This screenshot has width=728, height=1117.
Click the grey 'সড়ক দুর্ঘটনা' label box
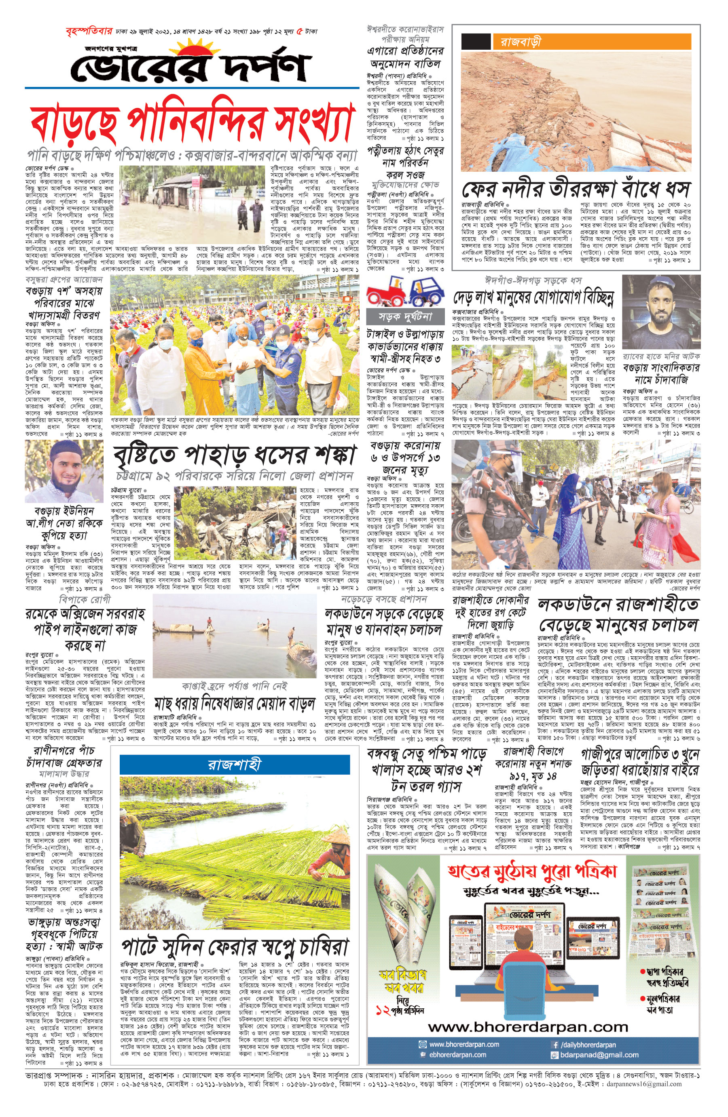click(x=405, y=317)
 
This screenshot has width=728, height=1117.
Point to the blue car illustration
click(x=426, y=292)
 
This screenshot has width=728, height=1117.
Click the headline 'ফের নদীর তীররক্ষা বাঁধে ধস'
click(x=576, y=189)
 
